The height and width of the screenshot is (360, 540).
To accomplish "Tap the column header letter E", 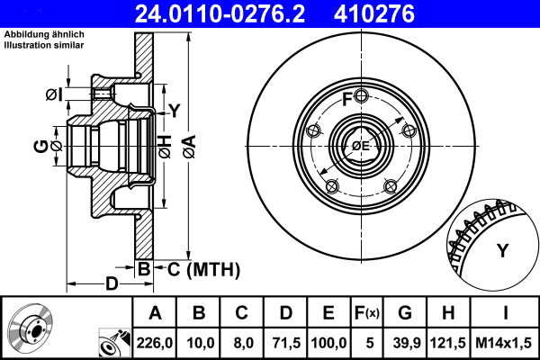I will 328,312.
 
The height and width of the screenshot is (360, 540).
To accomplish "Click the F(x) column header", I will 366,312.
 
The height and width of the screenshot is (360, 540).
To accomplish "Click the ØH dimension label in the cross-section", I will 165,143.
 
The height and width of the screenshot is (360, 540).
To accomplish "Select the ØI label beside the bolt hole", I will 53,94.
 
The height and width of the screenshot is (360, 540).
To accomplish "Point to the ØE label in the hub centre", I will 360,146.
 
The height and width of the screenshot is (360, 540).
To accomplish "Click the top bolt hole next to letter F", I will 361,97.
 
